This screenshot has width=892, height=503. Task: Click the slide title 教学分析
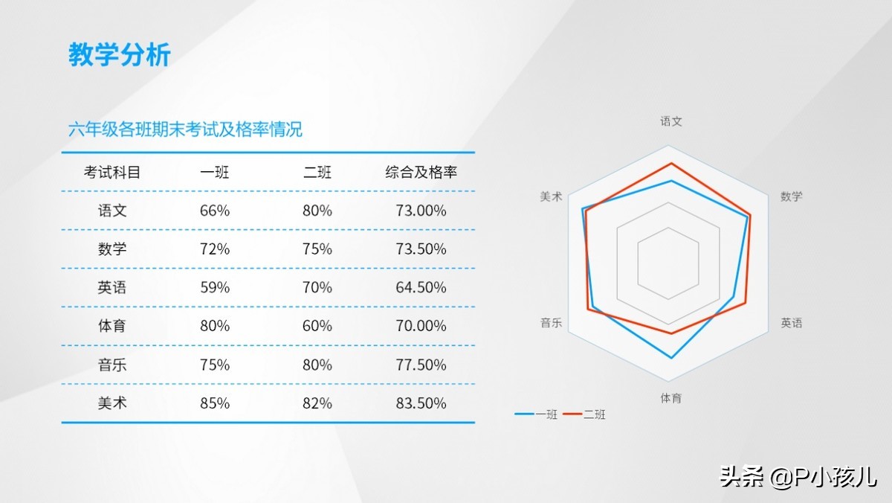point(120,54)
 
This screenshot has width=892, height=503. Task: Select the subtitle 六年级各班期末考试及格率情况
point(185,129)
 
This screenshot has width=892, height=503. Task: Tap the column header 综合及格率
point(421,172)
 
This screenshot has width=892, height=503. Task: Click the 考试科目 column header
point(112,172)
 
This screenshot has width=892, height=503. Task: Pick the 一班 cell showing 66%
point(215,211)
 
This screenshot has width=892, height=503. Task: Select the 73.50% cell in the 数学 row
point(421,249)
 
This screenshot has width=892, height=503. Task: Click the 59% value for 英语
point(215,287)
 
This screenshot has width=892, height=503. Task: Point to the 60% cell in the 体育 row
point(317,326)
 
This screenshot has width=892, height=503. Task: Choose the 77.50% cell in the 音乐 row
point(421,365)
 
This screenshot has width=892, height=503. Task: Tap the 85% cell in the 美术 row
point(215,403)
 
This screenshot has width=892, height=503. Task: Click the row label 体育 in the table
point(112,326)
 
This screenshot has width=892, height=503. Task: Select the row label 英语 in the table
point(112,287)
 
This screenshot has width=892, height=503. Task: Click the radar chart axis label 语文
point(671,121)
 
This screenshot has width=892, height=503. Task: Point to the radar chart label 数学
point(791,196)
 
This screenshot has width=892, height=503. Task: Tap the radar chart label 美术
point(551,196)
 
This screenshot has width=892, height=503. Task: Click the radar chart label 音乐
point(551,322)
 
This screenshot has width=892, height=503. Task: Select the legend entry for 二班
point(584,414)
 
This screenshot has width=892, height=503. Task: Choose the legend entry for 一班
point(536,414)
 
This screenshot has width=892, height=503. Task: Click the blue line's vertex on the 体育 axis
point(671,358)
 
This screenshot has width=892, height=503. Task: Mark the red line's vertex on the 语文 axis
point(671,163)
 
